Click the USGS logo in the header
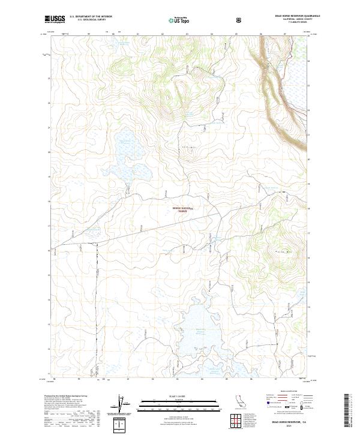(55, 20)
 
